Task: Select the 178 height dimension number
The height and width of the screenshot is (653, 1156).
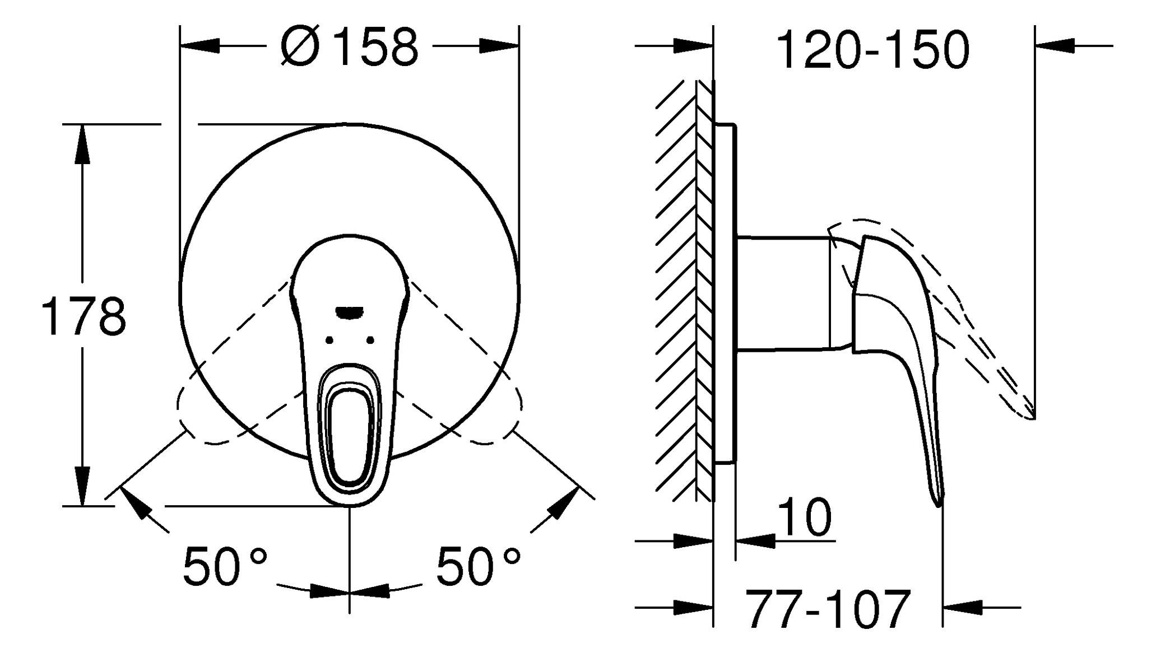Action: pos(84,317)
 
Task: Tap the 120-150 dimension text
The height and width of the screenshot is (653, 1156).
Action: pos(873,50)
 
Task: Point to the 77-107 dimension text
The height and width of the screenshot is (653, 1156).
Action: pos(828,609)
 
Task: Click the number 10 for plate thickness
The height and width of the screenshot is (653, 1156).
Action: pos(805,518)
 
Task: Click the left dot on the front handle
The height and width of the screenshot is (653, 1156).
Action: pos(329,340)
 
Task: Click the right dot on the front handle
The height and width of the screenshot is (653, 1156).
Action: pos(370,340)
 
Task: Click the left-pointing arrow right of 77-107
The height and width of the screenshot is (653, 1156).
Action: pos(964,607)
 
